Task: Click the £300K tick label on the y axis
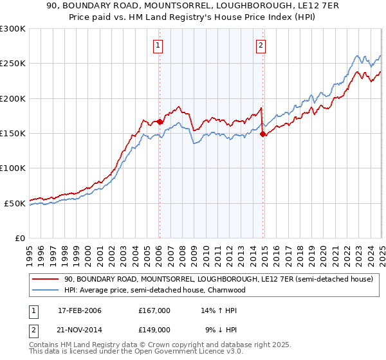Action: [x=13, y=29]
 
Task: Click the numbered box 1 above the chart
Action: [x=158, y=45]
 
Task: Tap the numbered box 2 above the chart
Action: [x=261, y=45]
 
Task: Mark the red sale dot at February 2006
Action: [x=160, y=121]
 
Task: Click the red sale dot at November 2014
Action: [x=262, y=134]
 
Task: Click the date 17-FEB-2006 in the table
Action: [x=79, y=310]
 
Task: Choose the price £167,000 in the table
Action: [x=154, y=310]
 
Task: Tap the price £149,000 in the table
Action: [x=154, y=329]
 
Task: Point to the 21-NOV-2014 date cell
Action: [x=79, y=329]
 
